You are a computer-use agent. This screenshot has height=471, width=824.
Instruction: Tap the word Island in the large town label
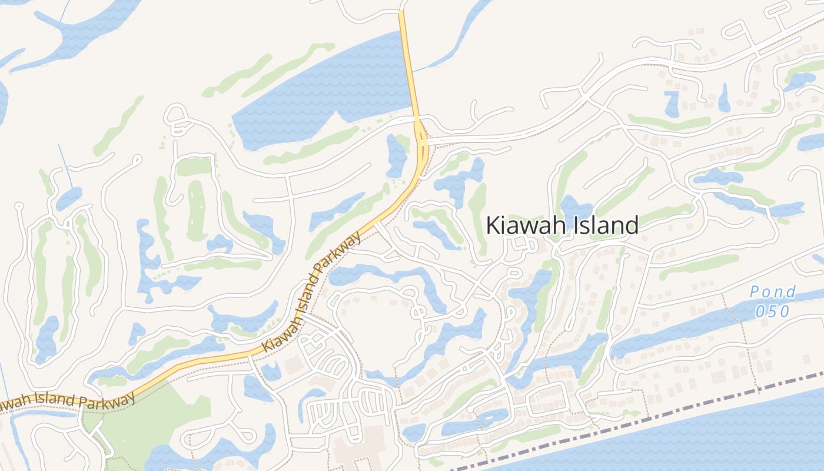pyautogui.click(x=606, y=225)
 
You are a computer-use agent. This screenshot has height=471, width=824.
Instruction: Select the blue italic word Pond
pyautogui.click(x=773, y=292)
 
